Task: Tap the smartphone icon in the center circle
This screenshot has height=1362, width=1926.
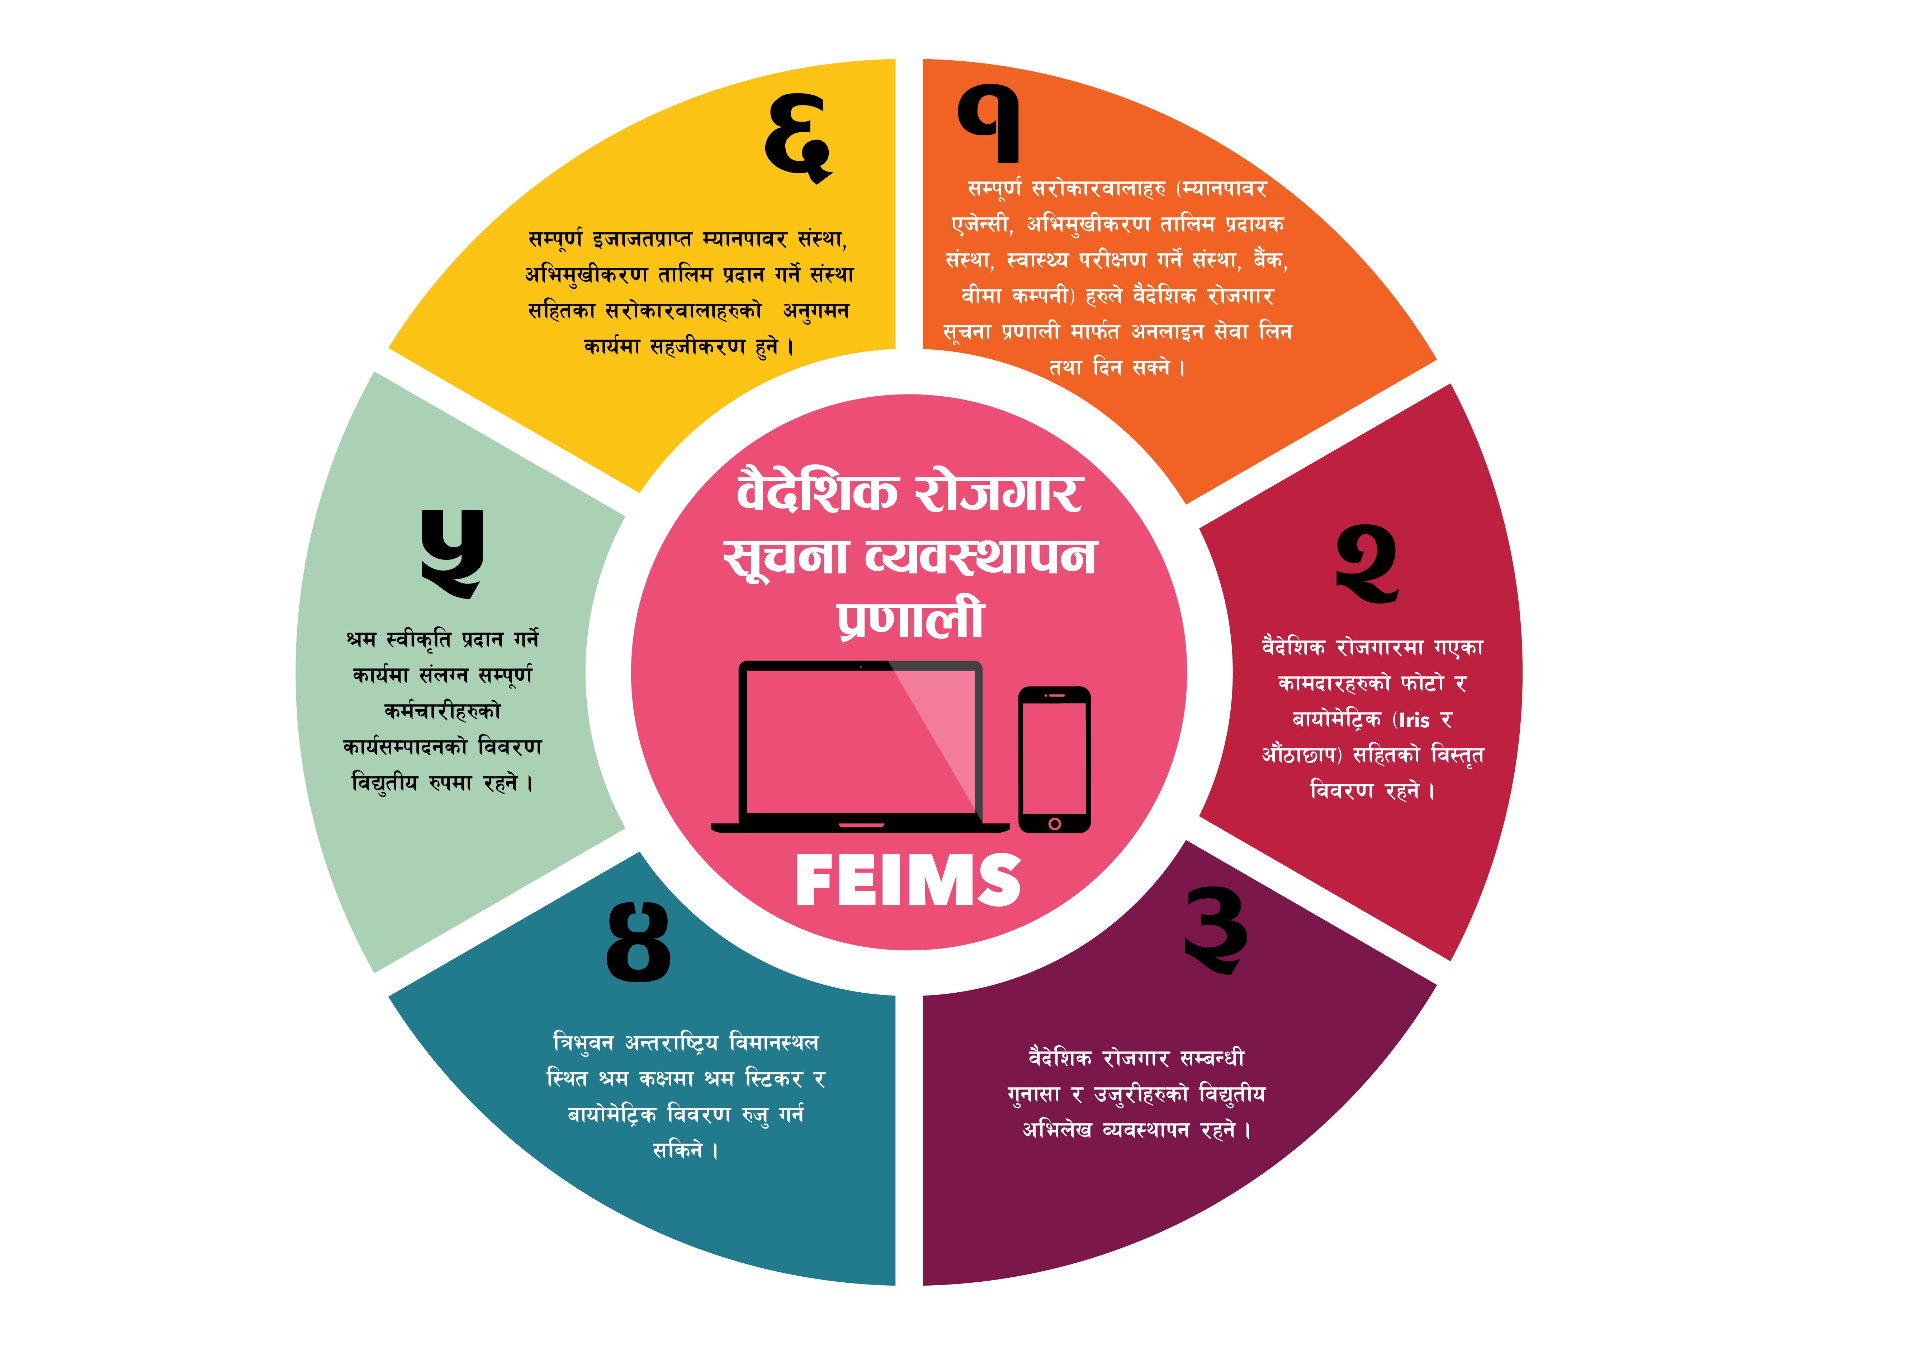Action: [x=1054, y=759]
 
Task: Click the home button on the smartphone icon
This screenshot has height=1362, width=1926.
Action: [x=1054, y=824]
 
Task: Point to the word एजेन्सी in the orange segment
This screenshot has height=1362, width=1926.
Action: [x=981, y=225]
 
